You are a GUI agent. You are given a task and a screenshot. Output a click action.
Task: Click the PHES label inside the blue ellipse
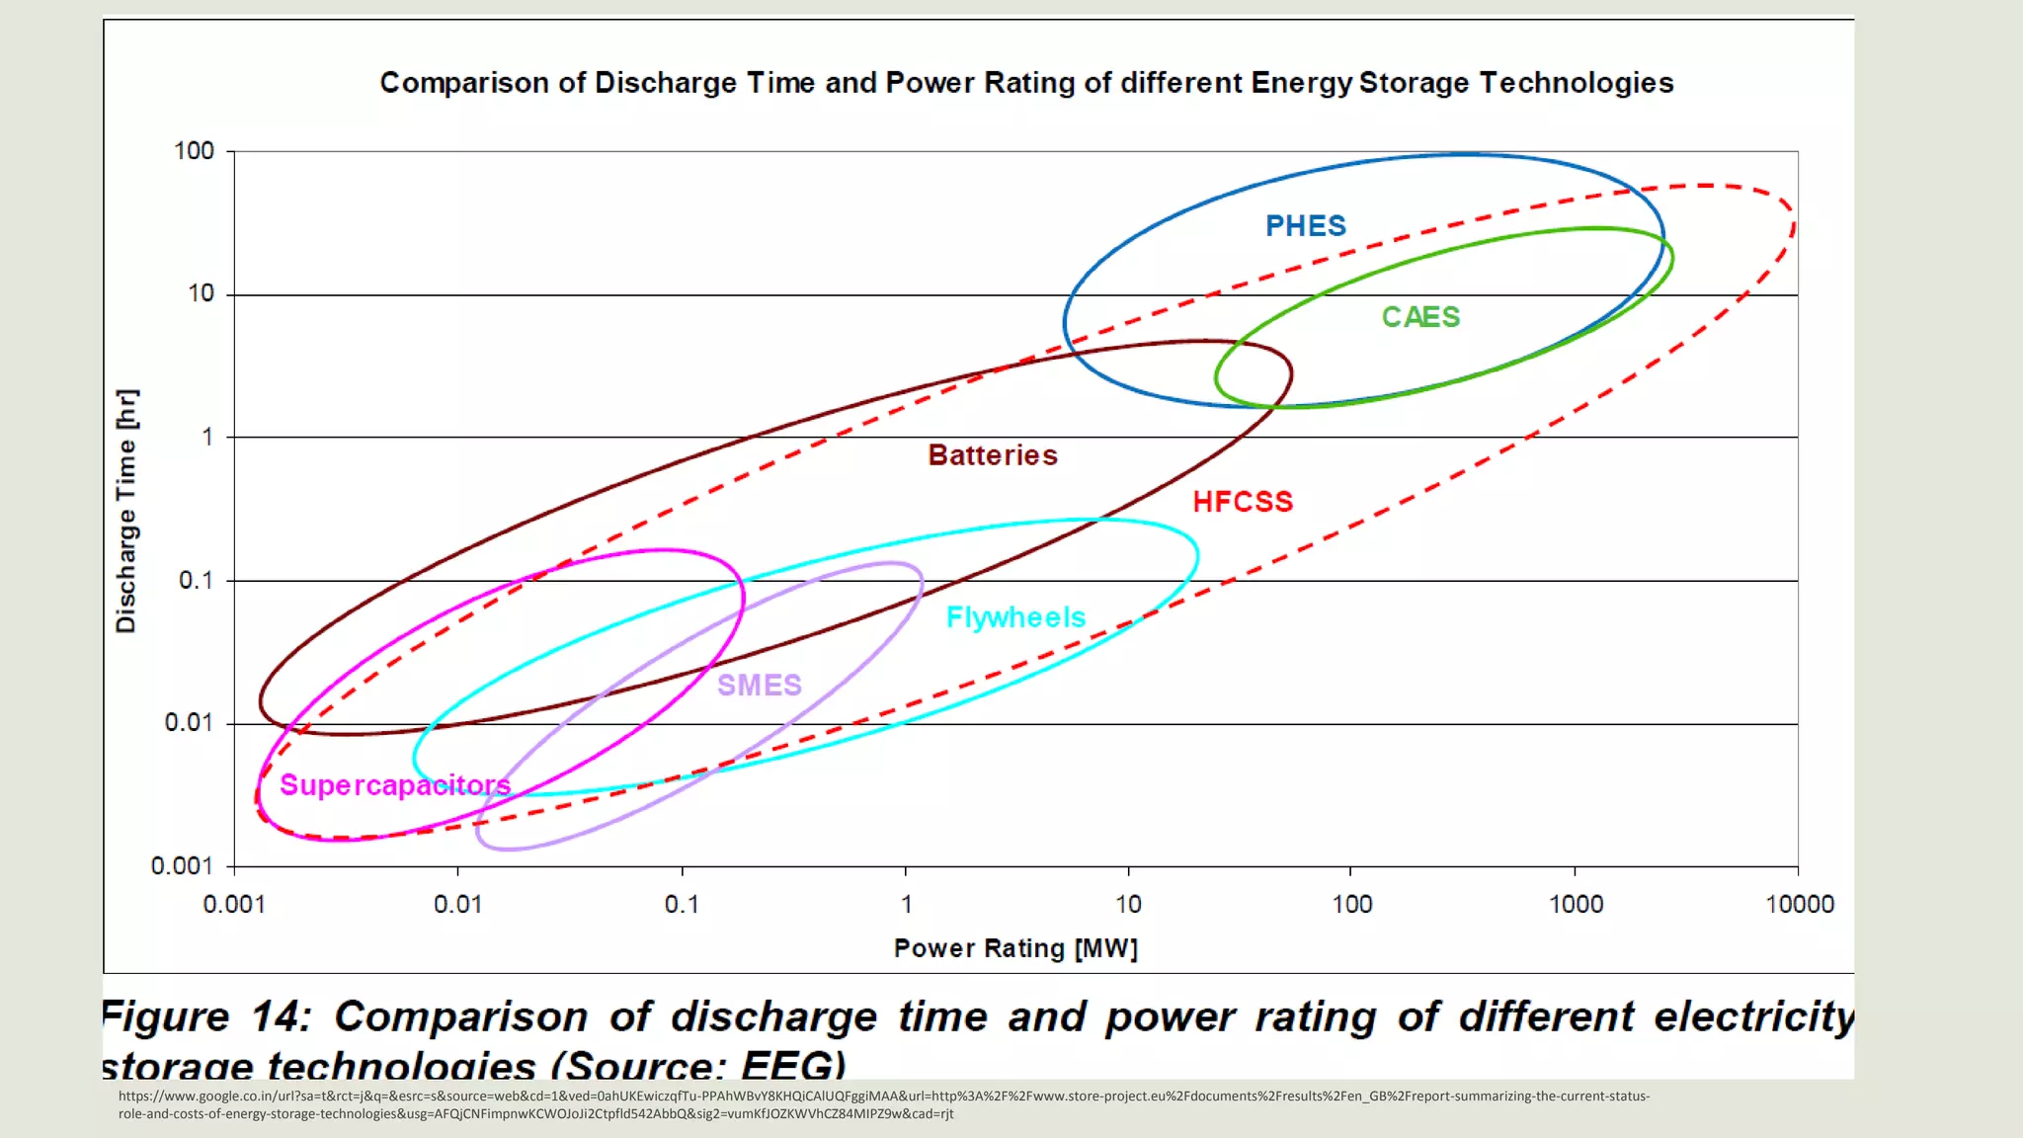coord(1305,226)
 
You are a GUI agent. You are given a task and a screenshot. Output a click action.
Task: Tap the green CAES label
coord(1420,317)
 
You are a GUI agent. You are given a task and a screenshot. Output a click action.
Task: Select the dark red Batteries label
coord(993,455)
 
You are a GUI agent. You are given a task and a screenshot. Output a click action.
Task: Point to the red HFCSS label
coord(1243,502)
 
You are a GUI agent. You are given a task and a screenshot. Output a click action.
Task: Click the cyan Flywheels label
coord(1015,617)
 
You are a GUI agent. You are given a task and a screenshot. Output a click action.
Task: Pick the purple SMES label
coord(759,685)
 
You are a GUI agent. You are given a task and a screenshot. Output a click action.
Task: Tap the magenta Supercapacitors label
coord(395,785)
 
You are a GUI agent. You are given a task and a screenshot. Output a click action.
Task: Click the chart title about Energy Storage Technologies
coord(1026,83)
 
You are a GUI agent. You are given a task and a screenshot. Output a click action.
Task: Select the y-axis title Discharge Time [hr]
coord(126,511)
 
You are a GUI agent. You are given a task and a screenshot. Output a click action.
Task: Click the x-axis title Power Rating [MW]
coord(1015,948)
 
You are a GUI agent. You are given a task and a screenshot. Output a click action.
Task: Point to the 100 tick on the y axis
coord(194,151)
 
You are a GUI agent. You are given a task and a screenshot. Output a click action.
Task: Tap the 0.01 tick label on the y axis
coord(188,723)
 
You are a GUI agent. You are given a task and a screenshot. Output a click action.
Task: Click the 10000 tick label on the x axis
coord(1799,904)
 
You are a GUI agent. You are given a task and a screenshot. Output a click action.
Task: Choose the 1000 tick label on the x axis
coord(1576,904)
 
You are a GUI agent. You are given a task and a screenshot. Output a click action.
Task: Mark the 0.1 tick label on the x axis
coord(682,904)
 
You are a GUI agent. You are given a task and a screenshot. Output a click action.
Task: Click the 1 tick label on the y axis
coord(207,437)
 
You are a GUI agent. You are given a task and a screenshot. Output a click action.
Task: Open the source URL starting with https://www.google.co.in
coord(883,1104)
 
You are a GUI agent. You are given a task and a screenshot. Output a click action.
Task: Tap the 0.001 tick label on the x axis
coord(234,904)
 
